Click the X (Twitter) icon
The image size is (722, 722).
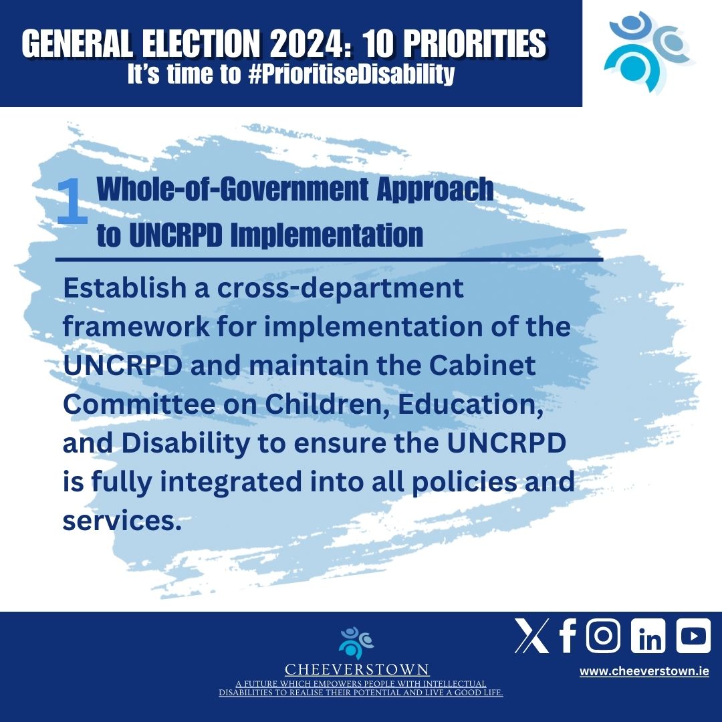[x=532, y=636]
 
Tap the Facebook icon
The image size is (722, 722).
[x=568, y=636]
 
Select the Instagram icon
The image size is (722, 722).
[x=603, y=636]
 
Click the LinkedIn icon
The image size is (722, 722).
[x=648, y=636]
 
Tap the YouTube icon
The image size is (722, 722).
[x=693, y=636]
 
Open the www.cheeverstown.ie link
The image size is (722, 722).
[x=644, y=671]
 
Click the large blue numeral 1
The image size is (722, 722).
[x=72, y=201]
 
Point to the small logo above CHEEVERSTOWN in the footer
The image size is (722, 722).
[x=356, y=643]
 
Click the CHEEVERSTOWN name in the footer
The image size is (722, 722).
[x=357, y=669]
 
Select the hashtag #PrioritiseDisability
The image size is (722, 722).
[x=352, y=74]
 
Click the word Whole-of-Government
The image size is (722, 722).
[x=233, y=189]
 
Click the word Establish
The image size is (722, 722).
[x=124, y=287]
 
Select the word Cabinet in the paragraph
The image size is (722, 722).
[x=483, y=365]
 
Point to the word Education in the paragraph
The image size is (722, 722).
[x=470, y=404]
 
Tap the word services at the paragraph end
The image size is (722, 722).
[x=122, y=521]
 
